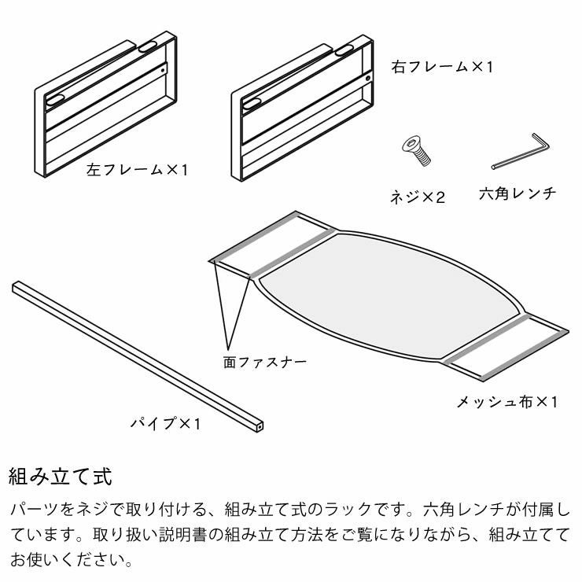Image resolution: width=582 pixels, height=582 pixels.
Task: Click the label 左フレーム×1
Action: [x=138, y=169]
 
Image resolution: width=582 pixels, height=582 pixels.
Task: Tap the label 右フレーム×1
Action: [x=442, y=67]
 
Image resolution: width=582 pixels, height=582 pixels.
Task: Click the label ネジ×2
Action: [x=418, y=197]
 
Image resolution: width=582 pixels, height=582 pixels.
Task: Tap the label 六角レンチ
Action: [x=518, y=193]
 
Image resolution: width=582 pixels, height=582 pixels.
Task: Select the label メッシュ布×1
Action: [x=507, y=402]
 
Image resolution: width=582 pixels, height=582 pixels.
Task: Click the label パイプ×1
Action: [x=166, y=424]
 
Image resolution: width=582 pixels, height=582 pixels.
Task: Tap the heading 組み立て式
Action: [x=61, y=476]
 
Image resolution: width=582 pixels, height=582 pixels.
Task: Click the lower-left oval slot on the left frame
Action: [x=57, y=100]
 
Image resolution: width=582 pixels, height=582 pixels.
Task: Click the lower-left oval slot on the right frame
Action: [x=253, y=102]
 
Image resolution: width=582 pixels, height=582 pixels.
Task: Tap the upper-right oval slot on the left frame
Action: [x=147, y=48]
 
